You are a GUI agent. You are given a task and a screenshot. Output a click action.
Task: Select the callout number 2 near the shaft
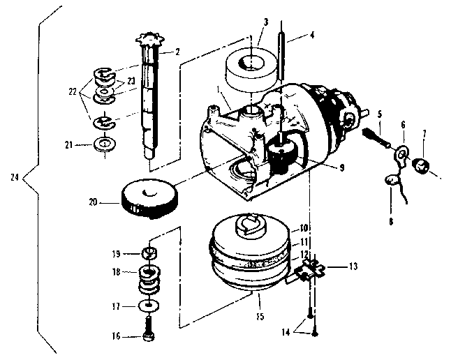(177, 52)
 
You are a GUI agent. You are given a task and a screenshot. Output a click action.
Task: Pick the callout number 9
(321, 167)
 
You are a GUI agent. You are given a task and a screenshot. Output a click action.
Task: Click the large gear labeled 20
(146, 198)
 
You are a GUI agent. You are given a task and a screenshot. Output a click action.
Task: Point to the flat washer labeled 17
(148, 305)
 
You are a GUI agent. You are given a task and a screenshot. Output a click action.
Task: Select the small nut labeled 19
(148, 252)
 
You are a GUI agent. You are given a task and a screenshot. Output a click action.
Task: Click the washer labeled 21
(105, 146)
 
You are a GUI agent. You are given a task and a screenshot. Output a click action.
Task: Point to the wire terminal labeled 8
(393, 183)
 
